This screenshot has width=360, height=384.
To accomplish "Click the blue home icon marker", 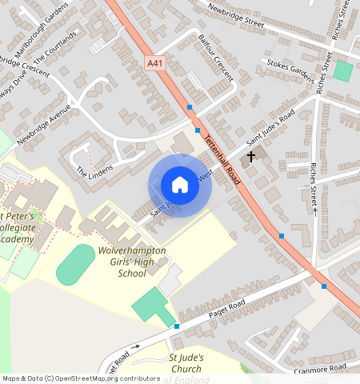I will (180, 186).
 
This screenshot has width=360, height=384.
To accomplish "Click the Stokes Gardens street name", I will (290, 69).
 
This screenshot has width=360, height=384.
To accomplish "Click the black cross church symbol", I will (252, 156).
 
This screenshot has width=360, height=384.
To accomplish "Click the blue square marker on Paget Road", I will (176, 326).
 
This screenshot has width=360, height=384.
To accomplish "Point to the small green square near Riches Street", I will (343, 71).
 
